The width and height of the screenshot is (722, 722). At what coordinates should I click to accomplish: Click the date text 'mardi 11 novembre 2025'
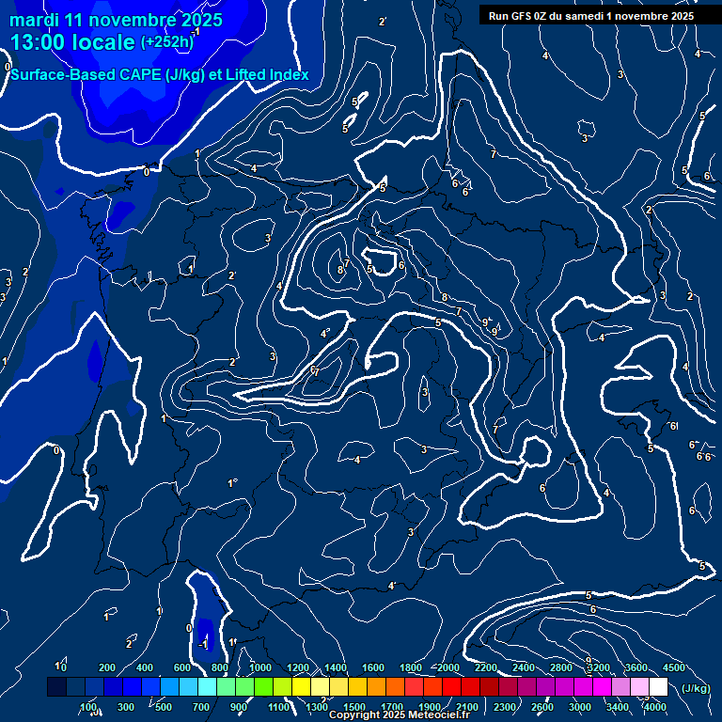(116, 20)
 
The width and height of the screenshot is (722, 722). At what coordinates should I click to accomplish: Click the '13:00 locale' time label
(72, 42)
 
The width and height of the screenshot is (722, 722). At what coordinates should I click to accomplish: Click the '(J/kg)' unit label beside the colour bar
(696, 688)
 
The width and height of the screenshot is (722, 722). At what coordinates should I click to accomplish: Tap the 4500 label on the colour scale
(674, 667)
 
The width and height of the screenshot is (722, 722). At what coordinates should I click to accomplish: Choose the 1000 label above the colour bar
(260, 667)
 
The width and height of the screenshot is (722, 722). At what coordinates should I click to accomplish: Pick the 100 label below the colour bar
(88, 707)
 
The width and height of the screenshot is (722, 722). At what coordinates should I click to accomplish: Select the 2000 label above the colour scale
(448, 667)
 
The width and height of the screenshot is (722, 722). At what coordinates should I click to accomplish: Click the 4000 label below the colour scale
(655, 707)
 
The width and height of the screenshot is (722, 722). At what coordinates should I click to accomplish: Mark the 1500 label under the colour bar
(354, 707)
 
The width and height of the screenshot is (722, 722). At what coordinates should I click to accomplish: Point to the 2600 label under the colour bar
(542, 707)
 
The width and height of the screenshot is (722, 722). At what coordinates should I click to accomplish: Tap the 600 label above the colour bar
(182, 667)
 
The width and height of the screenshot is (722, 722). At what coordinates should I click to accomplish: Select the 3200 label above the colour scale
(599, 667)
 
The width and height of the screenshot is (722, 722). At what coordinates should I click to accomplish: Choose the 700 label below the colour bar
(201, 707)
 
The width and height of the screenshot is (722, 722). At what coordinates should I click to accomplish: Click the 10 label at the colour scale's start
(61, 667)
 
